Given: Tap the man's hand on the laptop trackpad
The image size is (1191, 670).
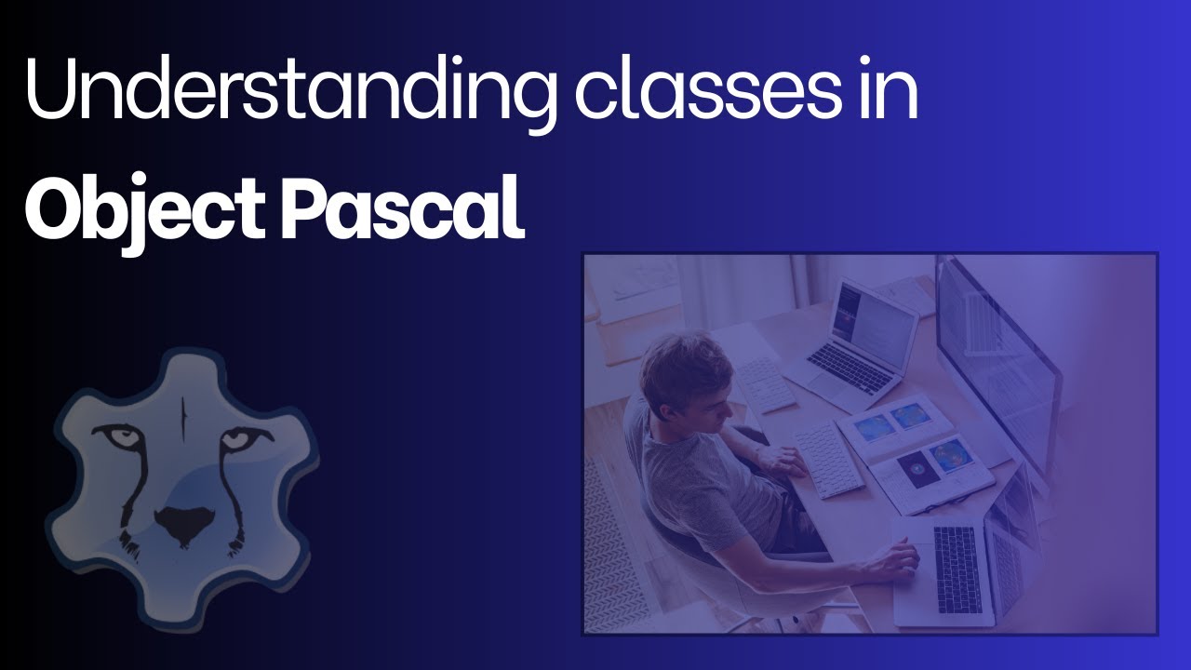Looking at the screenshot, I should tap(900, 557).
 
